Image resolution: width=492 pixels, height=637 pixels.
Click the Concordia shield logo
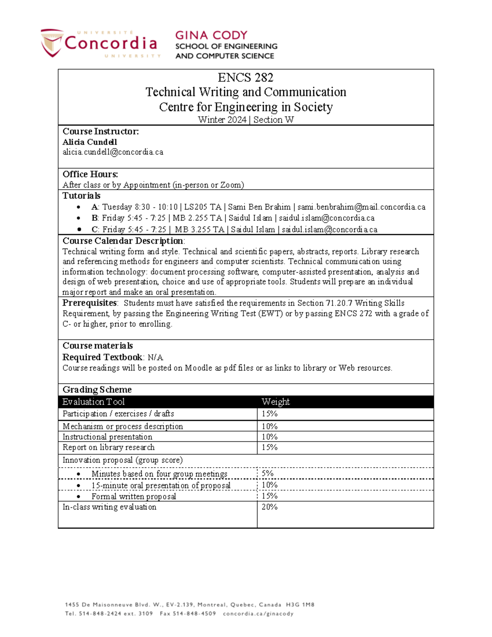pyautogui.click(x=52, y=43)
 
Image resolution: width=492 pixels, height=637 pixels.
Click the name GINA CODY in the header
pyautogui.click(x=211, y=35)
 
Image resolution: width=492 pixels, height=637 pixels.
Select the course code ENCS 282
pyautogui.click(x=245, y=78)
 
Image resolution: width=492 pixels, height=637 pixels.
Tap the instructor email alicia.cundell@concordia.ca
pyautogui.click(x=113, y=152)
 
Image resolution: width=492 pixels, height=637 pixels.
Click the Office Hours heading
pyautogui.click(x=90, y=174)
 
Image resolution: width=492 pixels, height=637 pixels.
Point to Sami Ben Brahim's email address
pyautogui.click(x=361, y=207)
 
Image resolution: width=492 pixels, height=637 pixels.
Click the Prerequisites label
pyautogui.click(x=90, y=303)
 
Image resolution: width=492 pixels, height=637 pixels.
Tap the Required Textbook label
pyautogui.click(x=102, y=357)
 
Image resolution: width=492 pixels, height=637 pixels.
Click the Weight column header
pyautogui.click(x=276, y=402)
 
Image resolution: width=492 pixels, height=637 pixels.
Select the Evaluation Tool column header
pyautogui.click(x=93, y=402)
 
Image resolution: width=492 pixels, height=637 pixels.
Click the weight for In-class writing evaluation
pyautogui.click(x=269, y=507)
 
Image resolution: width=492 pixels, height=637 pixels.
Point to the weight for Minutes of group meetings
pyautogui.click(x=267, y=473)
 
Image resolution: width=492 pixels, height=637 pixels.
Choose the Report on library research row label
pyautogui.click(x=109, y=447)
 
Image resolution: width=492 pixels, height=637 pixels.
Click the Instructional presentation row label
pyautogui.click(x=107, y=437)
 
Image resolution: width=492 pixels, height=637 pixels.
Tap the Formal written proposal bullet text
pyautogui.click(x=134, y=496)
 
